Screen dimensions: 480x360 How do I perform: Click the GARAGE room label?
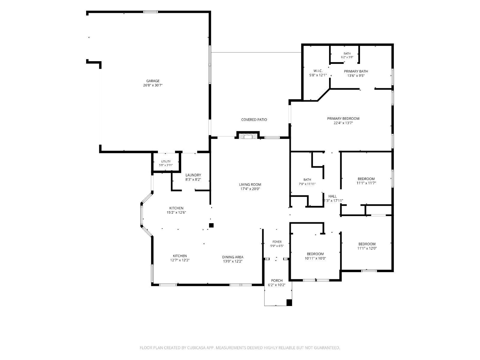coord(153,81)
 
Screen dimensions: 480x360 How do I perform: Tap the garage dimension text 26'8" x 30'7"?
coord(153,85)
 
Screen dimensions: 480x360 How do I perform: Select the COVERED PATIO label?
coord(254,120)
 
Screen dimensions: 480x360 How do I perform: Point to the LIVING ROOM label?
coord(250,184)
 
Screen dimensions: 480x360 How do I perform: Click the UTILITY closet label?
coord(166,161)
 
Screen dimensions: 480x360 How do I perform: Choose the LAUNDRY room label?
coord(193,175)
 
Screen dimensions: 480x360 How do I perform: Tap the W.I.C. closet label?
coord(318,71)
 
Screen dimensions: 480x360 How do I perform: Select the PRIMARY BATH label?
coord(356,71)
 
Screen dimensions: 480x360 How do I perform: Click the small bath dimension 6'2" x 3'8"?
coord(347,57)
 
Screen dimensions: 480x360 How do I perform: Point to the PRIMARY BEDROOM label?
coord(343,118)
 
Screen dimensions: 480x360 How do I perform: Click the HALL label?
coord(332,196)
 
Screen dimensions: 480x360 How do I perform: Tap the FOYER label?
coord(277,242)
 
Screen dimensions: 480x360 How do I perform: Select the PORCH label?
coord(277,280)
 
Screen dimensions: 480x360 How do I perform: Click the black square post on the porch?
coord(289,302)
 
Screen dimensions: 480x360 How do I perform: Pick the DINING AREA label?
coord(233,257)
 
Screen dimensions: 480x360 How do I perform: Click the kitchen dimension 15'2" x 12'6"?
coord(176,212)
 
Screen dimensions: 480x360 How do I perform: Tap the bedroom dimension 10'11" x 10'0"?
coord(315,258)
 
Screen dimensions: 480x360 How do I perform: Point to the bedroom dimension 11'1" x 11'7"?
coord(366,183)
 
